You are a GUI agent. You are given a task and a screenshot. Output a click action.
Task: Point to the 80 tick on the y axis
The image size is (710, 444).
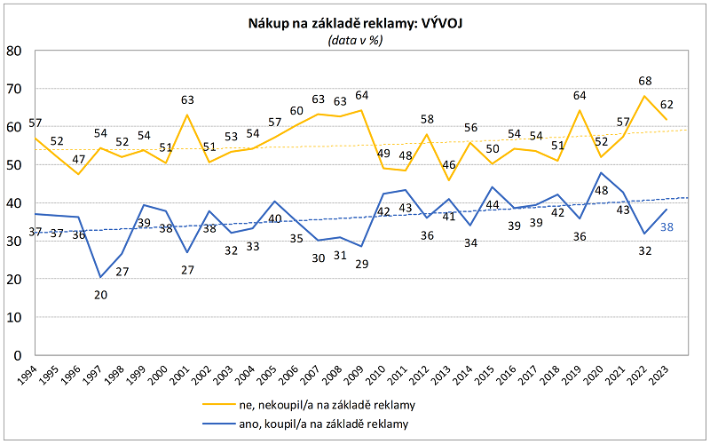coord(13,51)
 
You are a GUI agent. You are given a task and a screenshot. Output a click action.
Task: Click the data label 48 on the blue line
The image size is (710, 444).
coord(601,191)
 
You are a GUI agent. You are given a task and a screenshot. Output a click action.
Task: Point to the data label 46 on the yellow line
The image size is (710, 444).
coord(449,165)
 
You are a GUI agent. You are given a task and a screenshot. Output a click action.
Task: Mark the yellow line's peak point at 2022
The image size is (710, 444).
coord(645,96)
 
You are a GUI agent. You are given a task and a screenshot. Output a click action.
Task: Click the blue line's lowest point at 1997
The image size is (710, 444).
coord(100,277)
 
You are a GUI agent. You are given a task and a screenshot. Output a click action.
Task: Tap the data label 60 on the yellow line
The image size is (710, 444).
coord(296,112)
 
